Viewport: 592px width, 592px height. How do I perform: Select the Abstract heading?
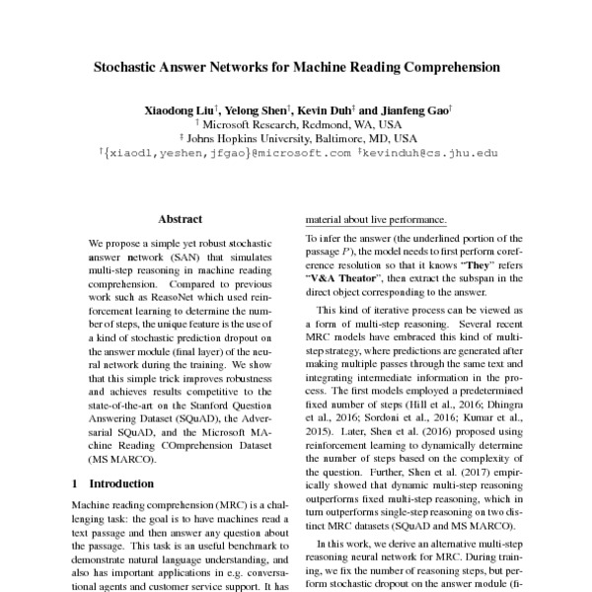(180, 219)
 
